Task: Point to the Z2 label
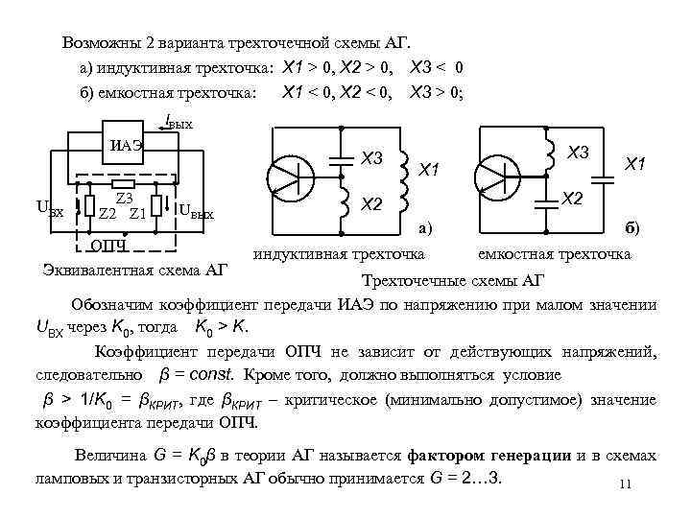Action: pyautogui.click(x=107, y=212)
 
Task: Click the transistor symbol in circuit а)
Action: pyautogui.click(x=289, y=177)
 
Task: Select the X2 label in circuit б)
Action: pyautogui.click(x=572, y=198)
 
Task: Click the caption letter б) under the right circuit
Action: pyautogui.click(x=631, y=229)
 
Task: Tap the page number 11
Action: pyautogui.click(x=624, y=483)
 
